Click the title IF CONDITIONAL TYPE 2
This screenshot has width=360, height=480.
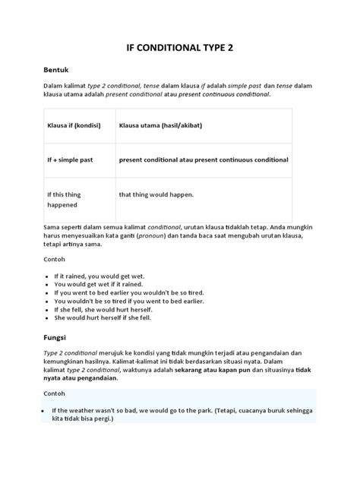(179, 46)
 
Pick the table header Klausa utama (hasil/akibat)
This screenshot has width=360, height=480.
(159, 125)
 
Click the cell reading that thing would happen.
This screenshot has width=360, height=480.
(156, 194)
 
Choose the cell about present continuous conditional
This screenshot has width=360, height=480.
(204, 160)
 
